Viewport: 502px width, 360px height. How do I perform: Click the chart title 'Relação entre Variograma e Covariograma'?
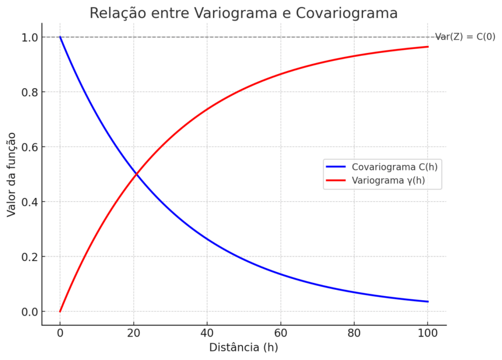[x=243, y=13]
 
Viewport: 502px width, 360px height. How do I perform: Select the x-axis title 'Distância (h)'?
[x=244, y=347]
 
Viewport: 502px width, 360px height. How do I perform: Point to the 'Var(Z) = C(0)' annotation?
[x=465, y=37]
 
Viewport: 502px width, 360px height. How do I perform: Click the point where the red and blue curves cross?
[x=136, y=174]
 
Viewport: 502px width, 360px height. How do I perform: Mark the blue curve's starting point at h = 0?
[x=60, y=37]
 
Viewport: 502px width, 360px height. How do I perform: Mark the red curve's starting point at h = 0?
[x=60, y=311]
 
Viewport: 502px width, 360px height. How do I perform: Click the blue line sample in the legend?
[x=337, y=167]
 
